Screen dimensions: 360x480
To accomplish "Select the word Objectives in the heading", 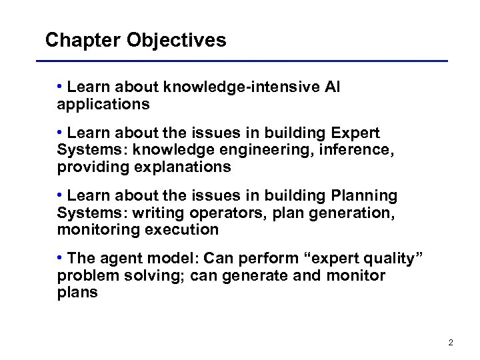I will tap(176, 41).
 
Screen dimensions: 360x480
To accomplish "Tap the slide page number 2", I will tap(451, 343).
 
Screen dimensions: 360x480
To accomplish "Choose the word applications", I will tap(103, 105).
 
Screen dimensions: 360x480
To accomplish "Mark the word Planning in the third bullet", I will tap(364, 195).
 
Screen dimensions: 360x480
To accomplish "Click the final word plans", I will tap(77, 293).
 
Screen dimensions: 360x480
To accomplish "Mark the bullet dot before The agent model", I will tap(60, 258).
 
